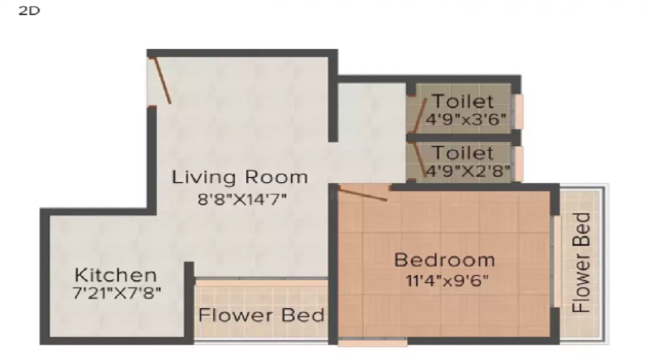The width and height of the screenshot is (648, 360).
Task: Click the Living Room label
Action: click(x=239, y=177)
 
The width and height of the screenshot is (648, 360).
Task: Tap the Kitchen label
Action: click(x=116, y=275)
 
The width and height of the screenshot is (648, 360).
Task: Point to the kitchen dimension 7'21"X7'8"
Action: click(x=117, y=293)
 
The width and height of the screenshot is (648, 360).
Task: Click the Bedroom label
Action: click(x=444, y=259)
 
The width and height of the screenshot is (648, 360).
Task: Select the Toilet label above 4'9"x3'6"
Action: click(x=463, y=102)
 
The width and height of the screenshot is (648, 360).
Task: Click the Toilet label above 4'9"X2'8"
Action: click(x=463, y=153)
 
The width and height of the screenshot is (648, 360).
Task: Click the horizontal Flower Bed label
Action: click(x=261, y=315)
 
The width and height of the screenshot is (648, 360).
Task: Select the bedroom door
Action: click(x=364, y=192)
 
